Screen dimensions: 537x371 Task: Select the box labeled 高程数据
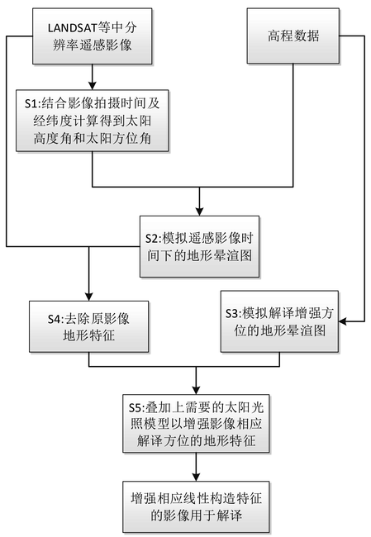tap(293, 36)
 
